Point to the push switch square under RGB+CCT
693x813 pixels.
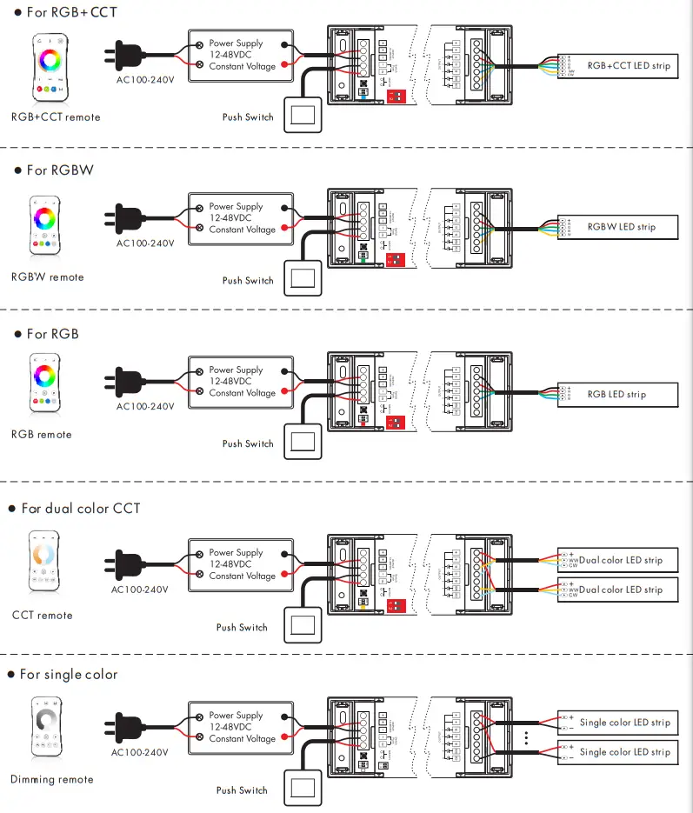(x=303, y=117)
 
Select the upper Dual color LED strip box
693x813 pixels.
(x=616, y=560)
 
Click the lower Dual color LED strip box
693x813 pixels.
(x=616, y=590)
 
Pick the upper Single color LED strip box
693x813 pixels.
(x=616, y=723)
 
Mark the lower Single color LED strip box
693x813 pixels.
(x=616, y=752)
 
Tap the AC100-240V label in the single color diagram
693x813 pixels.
(x=140, y=753)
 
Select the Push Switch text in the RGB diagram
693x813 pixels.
(x=248, y=443)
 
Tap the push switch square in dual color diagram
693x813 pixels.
(x=303, y=627)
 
